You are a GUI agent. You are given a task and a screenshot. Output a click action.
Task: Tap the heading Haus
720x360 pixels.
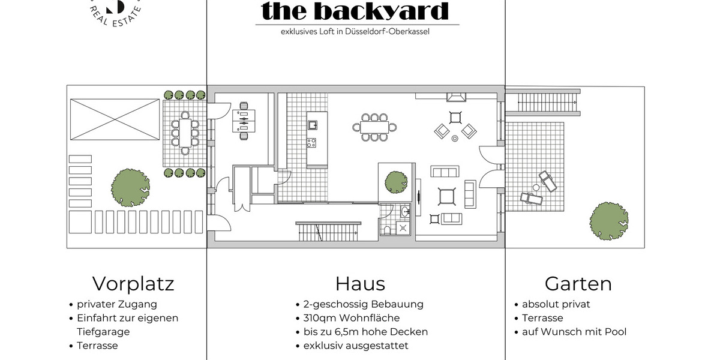[x=360, y=284]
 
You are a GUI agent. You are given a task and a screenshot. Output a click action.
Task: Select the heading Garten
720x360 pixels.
[x=578, y=284]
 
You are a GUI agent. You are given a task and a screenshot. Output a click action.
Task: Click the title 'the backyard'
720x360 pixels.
[x=355, y=11]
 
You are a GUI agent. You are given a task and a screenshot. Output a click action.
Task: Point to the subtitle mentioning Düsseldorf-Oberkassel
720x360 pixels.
[x=355, y=31]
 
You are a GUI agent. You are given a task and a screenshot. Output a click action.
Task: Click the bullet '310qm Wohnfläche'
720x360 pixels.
[x=352, y=318]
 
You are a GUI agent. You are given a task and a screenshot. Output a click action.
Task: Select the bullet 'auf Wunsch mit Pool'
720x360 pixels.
[x=574, y=332]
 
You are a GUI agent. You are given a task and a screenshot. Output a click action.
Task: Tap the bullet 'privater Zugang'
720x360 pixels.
[x=116, y=304]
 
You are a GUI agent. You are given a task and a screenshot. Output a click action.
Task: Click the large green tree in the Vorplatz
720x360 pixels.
[x=130, y=187]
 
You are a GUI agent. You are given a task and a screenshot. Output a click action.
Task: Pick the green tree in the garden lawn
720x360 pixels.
[x=609, y=221]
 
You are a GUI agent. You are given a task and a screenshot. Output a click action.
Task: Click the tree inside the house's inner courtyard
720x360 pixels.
[x=396, y=182]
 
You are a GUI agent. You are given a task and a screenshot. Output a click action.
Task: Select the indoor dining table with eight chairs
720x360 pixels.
[x=374, y=127]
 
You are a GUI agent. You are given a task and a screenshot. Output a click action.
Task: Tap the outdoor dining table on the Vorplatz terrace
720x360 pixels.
[x=185, y=133]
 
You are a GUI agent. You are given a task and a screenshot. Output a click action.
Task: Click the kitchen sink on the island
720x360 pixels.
[x=313, y=125]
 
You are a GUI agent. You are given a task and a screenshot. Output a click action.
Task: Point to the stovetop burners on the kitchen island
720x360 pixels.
[x=311, y=143]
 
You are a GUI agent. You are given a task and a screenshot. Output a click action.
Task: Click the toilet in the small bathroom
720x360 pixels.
[x=387, y=230]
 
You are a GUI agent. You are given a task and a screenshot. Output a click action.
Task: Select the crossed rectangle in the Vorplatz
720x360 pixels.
[x=115, y=119]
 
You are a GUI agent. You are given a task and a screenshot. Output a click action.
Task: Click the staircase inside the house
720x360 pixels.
[x=328, y=232]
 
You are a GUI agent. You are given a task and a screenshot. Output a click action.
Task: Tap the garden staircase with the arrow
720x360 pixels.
[x=547, y=102]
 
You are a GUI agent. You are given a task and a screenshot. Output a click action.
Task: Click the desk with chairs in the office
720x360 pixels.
[x=244, y=121]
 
